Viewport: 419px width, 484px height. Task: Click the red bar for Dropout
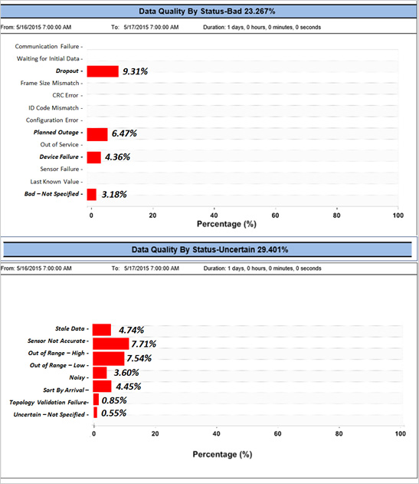coord(103,71)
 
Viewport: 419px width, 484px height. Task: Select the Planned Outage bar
coord(97,134)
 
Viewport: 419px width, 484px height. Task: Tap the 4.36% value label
coord(117,157)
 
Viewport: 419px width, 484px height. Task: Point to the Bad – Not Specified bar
coord(92,195)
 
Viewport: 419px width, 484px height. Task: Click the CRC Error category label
coord(65,95)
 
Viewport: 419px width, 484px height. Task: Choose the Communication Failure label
coord(47,46)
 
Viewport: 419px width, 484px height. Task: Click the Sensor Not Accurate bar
coord(110,344)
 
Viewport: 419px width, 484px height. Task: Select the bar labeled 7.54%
coord(109,359)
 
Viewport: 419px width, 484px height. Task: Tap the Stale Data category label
coord(70,328)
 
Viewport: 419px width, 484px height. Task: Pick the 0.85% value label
coord(114,400)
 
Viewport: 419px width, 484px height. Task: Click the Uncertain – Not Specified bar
coord(95,413)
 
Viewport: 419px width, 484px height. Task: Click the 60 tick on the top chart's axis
coord(275,215)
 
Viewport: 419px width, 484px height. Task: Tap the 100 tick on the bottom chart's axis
coord(400,433)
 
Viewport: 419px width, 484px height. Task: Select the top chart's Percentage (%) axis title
coord(227,224)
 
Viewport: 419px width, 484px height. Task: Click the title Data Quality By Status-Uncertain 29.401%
coord(210,249)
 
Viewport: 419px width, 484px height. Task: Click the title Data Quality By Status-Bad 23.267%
coord(207,12)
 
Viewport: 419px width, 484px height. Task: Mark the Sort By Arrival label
coord(64,390)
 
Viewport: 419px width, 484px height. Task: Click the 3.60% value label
coord(126,373)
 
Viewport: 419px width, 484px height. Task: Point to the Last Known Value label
coord(54,182)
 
